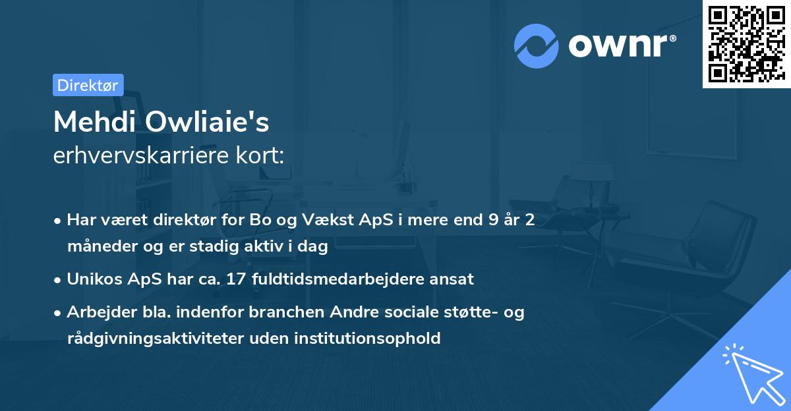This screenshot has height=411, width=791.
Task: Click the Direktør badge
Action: point(88,85)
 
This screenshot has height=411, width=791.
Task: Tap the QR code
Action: point(746,44)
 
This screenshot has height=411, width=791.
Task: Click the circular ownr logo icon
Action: point(537,45)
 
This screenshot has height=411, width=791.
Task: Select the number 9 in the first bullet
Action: point(493,220)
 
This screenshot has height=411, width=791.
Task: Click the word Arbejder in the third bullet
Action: point(97,312)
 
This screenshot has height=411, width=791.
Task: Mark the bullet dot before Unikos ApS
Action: point(59,280)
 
